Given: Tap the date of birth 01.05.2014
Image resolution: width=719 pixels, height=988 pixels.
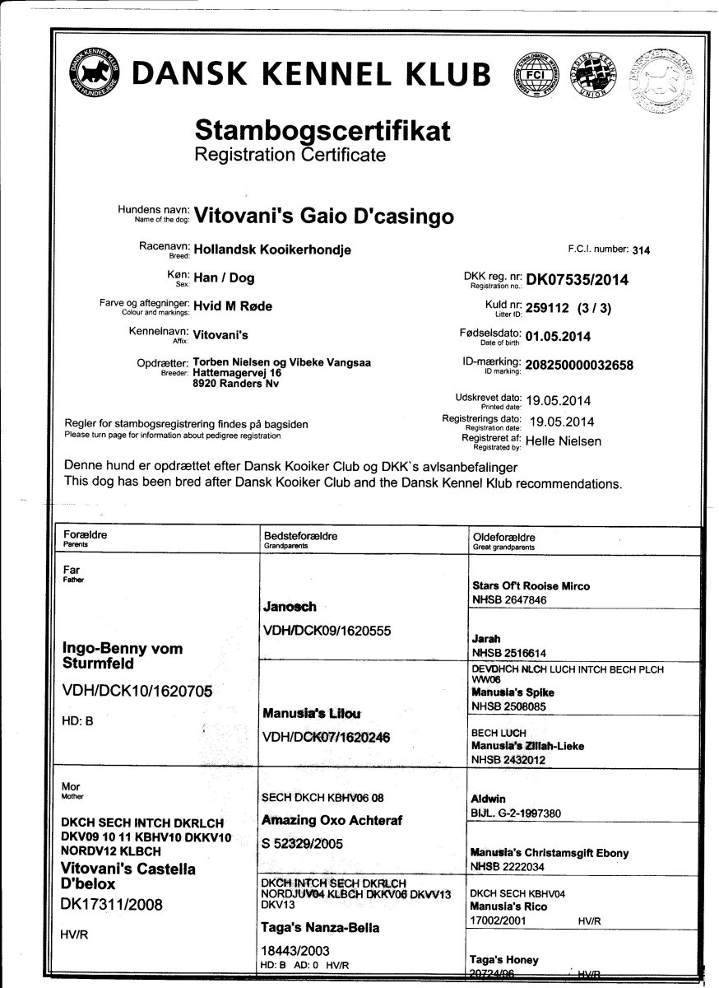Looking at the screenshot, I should click(x=558, y=336).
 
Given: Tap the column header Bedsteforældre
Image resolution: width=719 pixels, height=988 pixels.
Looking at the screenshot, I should click(x=299, y=536).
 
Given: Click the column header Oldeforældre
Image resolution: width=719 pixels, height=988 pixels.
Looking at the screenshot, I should click(x=504, y=536).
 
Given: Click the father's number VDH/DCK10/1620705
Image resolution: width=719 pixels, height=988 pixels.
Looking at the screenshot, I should click(x=137, y=692).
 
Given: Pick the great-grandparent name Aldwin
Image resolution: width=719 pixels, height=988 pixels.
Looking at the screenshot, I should click(x=488, y=799).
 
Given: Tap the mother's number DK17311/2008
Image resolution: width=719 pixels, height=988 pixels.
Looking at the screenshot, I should click(x=114, y=904).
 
